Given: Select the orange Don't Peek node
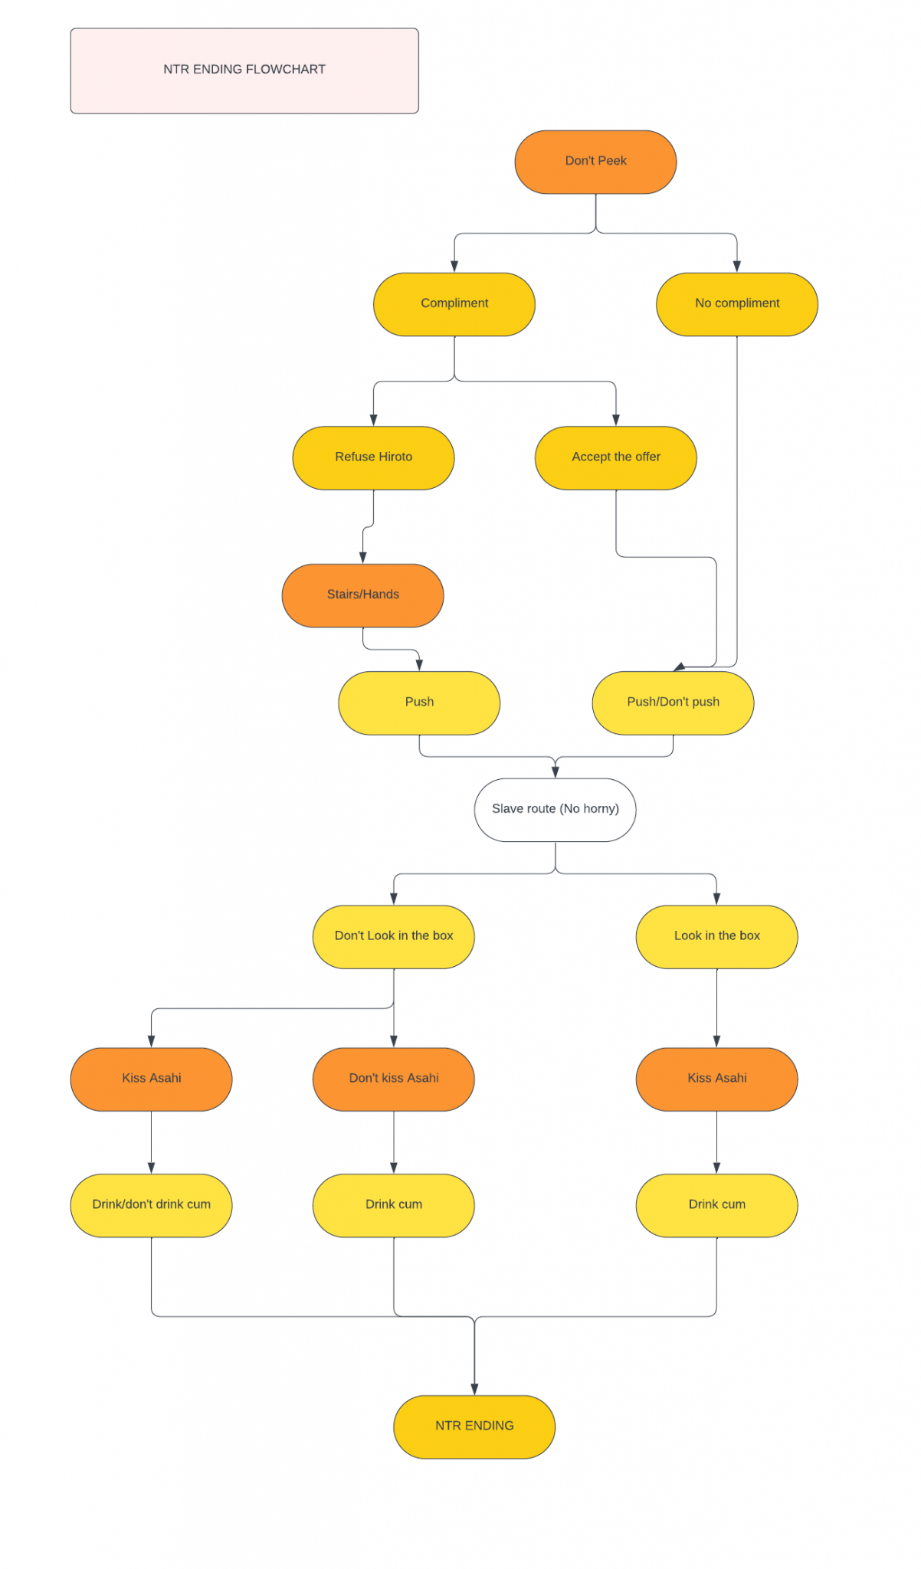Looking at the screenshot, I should pyautogui.click(x=595, y=162).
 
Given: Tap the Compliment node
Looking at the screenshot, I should pyautogui.click(x=454, y=304).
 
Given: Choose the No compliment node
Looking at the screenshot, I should pyautogui.click(x=736, y=304).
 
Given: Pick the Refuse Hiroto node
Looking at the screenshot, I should pyautogui.click(x=373, y=457).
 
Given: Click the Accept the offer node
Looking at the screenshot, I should pyautogui.click(x=615, y=457).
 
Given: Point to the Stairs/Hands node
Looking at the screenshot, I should pyautogui.click(x=362, y=595).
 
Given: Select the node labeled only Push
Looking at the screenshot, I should pyautogui.click(x=419, y=703).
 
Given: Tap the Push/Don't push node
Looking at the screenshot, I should pyautogui.click(x=673, y=703).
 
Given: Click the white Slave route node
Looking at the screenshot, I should pyautogui.click(x=555, y=810).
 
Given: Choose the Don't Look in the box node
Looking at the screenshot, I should pyautogui.click(x=393, y=936).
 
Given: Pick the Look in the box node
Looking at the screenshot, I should pyautogui.click(x=716, y=936).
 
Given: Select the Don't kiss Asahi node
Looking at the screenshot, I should pyautogui.click(x=393, y=1079).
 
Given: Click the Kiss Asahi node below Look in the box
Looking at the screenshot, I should pyautogui.click(x=716, y=1079).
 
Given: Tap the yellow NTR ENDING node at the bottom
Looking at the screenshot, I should pyautogui.click(x=474, y=1427).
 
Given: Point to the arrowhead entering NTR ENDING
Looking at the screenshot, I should pyautogui.click(x=474, y=1389).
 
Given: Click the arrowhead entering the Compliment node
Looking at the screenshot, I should pyautogui.click(x=454, y=267).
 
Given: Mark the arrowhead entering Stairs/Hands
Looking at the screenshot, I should pyautogui.click(x=363, y=558).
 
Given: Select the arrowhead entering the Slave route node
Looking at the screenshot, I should pyautogui.click(x=556, y=772).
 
